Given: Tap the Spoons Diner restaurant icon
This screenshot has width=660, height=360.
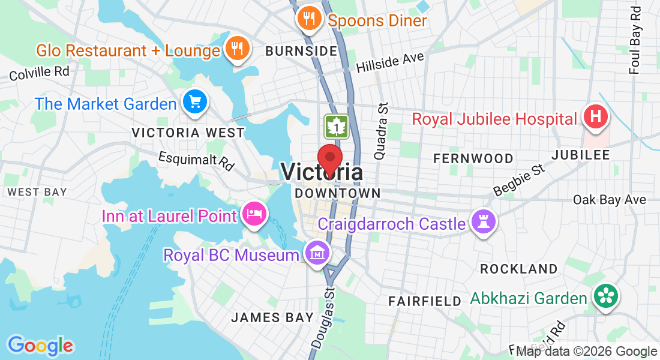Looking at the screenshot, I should click(x=309, y=19).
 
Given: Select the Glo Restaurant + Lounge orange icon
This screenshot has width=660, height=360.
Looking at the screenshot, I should click(x=237, y=49).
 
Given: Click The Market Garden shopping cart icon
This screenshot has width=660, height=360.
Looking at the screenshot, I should click(x=194, y=101).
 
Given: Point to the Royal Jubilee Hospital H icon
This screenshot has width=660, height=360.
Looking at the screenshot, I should click(x=596, y=116).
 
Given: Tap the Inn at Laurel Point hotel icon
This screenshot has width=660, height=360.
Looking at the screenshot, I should click(x=254, y=214).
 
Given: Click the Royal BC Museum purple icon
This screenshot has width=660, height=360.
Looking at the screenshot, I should click(x=316, y=253).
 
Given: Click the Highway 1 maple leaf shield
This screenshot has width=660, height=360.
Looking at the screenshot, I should click(x=337, y=127).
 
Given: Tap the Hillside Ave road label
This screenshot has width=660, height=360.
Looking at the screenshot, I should click(x=390, y=62).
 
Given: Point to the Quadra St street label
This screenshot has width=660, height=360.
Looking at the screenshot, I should click(x=382, y=131).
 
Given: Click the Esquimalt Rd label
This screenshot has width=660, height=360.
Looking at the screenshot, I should click(x=196, y=161).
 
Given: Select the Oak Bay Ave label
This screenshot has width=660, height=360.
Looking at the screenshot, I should click(x=609, y=199).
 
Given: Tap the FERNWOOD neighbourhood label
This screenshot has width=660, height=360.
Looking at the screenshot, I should click(x=473, y=158).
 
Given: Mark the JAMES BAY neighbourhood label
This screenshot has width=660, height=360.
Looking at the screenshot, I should click(x=272, y=317).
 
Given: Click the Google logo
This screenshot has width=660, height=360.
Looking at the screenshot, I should click(x=40, y=346).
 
